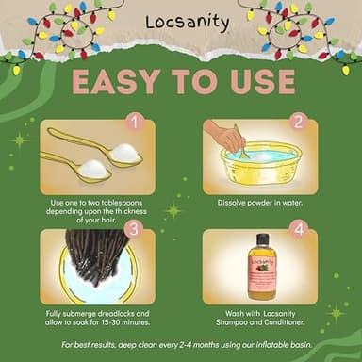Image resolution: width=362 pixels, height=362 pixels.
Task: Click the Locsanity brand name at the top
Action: pyautogui.click(x=180, y=22)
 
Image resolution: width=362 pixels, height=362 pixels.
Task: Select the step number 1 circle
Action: pyautogui.click(x=135, y=122)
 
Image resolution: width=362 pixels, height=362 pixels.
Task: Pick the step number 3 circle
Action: pyautogui.click(x=135, y=229)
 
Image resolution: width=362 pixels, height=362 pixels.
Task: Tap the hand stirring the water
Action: pyautogui.click(x=226, y=138)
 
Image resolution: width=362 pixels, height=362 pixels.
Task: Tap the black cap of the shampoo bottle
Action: pyautogui.click(x=261, y=239)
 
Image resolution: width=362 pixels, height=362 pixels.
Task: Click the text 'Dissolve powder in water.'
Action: pyautogui.click(x=261, y=203)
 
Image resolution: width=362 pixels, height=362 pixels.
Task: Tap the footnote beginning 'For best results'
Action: pyautogui.click(x=181, y=344)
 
